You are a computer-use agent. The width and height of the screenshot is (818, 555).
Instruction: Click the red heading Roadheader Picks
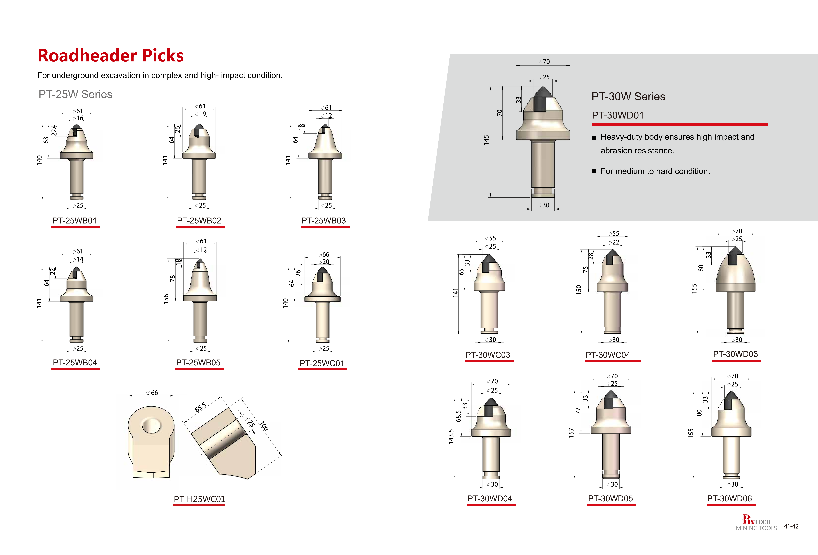[110, 56]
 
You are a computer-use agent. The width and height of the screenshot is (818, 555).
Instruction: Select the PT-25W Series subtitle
[75, 94]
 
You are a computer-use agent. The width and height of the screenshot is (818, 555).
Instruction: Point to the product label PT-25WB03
[324, 221]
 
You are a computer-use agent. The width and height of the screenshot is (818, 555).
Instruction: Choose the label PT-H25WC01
[200, 499]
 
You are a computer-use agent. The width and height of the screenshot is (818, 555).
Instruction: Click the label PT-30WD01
[618, 115]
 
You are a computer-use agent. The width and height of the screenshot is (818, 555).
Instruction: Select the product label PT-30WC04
[608, 355]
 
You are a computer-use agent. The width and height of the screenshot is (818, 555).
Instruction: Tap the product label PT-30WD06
[729, 498]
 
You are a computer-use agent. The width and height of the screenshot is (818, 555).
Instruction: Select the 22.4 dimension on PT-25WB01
[54, 130]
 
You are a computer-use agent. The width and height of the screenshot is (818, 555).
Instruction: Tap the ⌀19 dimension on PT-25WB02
[201, 114]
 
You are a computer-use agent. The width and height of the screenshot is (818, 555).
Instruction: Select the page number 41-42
[791, 526]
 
